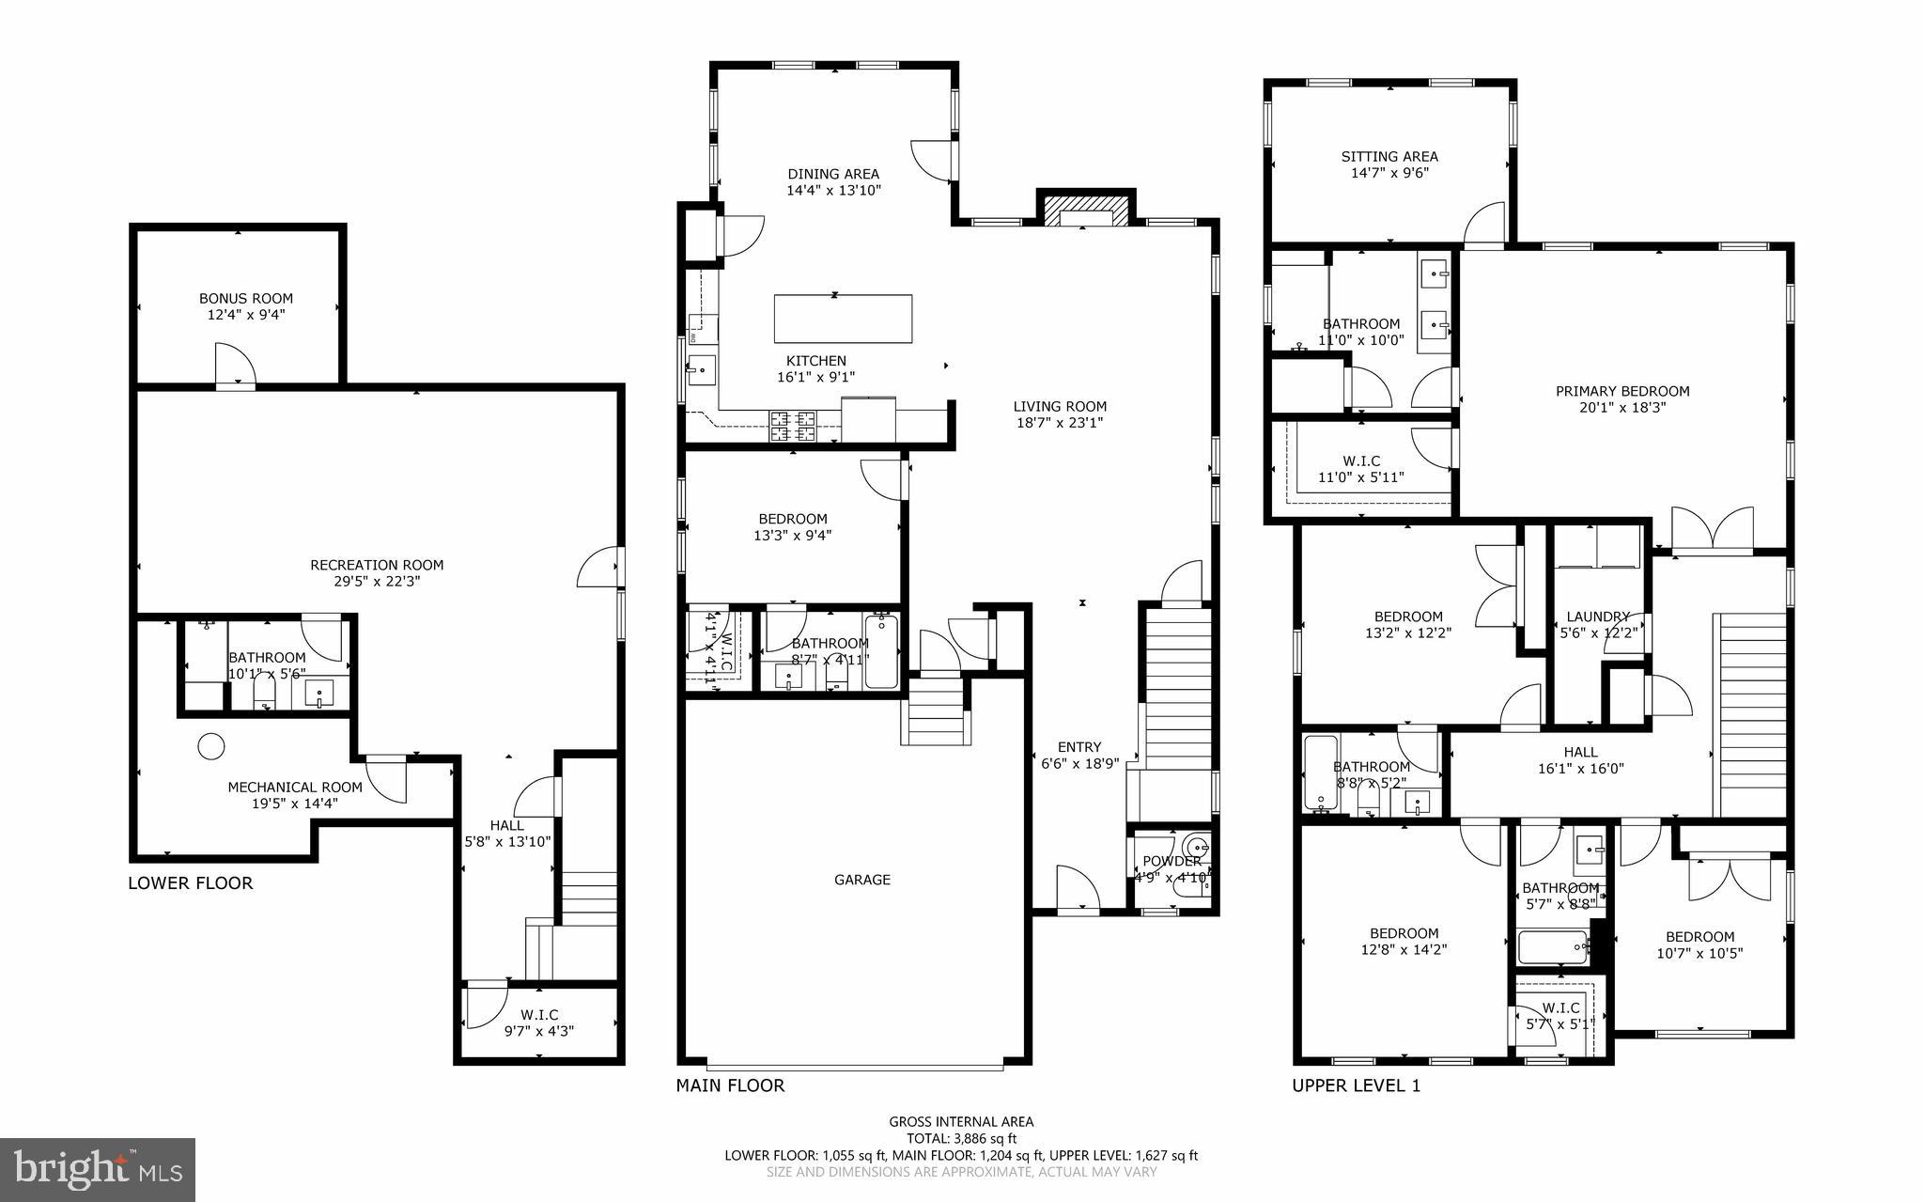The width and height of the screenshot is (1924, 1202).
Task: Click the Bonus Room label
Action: [x=245, y=299]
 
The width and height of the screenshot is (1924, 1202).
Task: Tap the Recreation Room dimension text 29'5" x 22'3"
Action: [x=377, y=582]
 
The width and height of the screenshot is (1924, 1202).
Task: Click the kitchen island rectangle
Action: [x=843, y=319]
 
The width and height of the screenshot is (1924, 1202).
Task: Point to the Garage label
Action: [x=861, y=880]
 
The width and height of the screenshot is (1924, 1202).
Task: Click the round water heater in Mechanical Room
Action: [x=211, y=747]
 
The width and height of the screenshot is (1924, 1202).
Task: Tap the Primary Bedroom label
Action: [x=1621, y=391]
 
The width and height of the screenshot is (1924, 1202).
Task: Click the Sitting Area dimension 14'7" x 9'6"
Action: [x=1389, y=173]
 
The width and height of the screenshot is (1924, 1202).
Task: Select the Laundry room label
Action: [x=1597, y=617]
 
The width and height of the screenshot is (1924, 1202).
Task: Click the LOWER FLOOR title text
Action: [x=191, y=883]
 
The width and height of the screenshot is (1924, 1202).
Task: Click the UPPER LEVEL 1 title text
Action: [x=1356, y=1086]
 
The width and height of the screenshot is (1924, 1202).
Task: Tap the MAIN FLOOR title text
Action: [x=730, y=1086]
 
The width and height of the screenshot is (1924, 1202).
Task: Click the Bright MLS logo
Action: [x=98, y=1169]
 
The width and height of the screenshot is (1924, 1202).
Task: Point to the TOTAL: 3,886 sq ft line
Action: [x=960, y=1138]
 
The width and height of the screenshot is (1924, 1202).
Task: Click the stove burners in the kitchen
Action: [x=793, y=427]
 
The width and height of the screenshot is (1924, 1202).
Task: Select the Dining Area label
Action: [x=832, y=174]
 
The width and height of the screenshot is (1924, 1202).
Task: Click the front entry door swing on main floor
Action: [x=1078, y=888]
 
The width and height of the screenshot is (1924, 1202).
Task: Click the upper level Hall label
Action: [x=1580, y=752]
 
